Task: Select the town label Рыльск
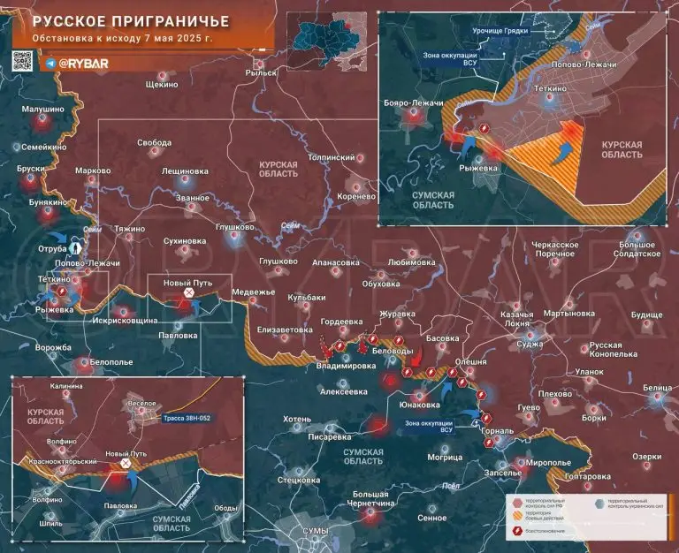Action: [x=263, y=74]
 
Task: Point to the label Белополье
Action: [x=111, y=362]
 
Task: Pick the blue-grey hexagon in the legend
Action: [x=601, y=501]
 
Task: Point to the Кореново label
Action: [x=357, y=196]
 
